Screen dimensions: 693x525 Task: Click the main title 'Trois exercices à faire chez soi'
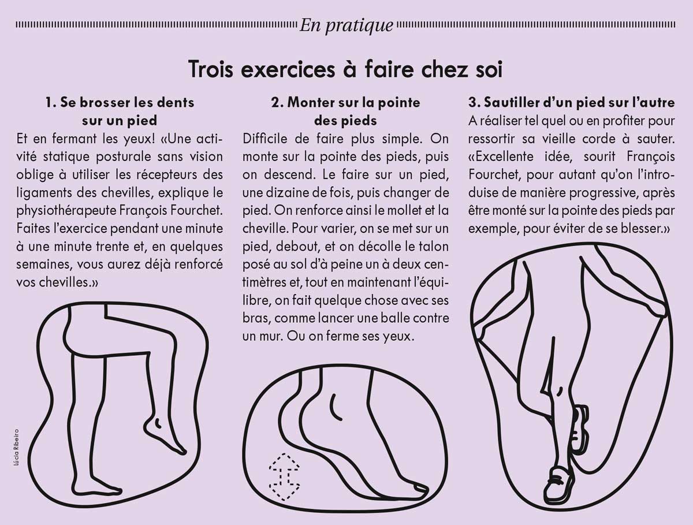click(x=346, y=70)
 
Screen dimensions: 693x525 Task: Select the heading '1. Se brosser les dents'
click(x=120, y=103)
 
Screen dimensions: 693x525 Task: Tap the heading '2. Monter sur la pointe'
click(x=346, y=103)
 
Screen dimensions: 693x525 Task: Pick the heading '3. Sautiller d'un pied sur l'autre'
click(x=572, y=103)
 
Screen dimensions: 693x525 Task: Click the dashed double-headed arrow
click(x=284, y=476)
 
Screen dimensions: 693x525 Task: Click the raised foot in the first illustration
click(x=165, y=435)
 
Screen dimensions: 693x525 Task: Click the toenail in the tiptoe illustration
click(x=420, y=489)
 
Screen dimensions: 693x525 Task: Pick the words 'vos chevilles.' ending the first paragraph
click(x=57, y=282)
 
